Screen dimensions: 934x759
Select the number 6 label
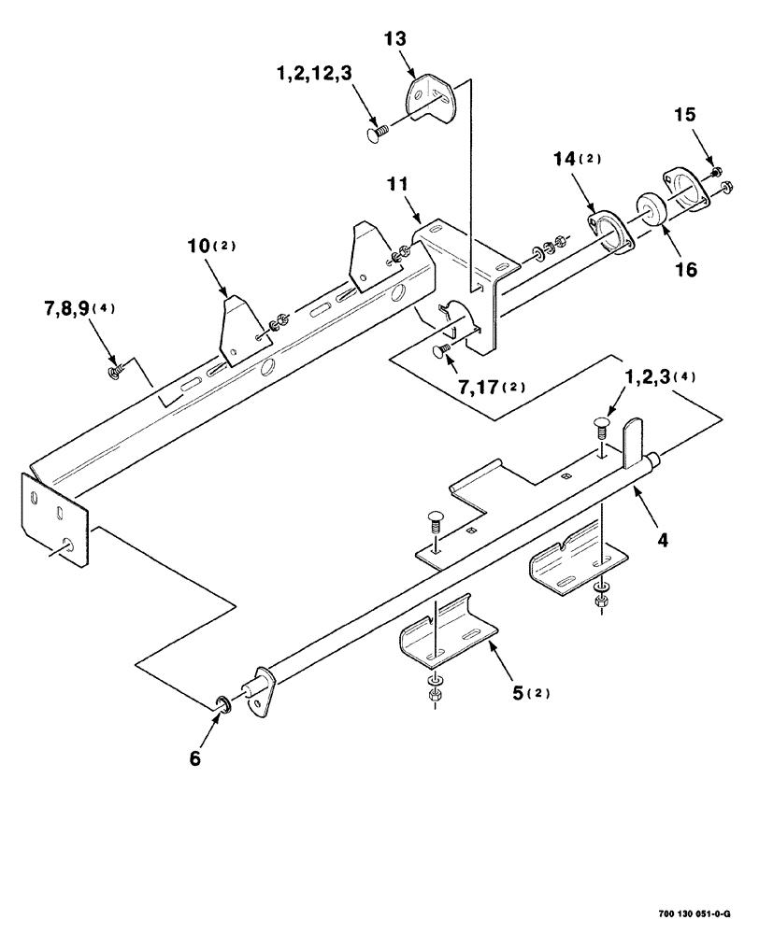(195, 757)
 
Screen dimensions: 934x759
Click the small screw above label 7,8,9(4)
(114, 372)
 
